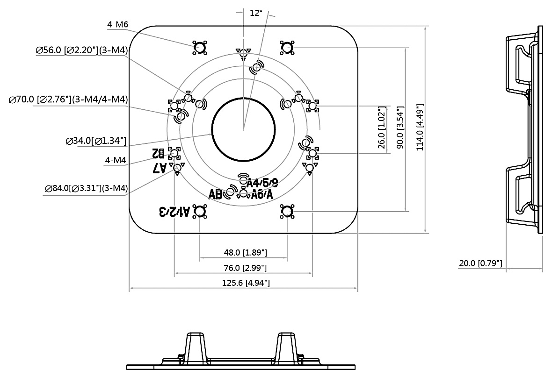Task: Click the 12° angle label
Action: click(256, 13)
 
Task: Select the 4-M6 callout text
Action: click(118, 24)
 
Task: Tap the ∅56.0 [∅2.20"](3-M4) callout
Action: click(82, 50)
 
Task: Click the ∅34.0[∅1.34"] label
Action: click(96, 141)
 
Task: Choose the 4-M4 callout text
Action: click(116, 160)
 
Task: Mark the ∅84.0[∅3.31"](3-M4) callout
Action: click(87, 188)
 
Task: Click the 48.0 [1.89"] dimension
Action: click(245, 253)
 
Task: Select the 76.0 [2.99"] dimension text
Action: click(245, 268)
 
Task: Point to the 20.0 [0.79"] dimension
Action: click(480, 263)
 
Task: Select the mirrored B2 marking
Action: click(158, 153)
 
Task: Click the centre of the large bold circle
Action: click(243, 129)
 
